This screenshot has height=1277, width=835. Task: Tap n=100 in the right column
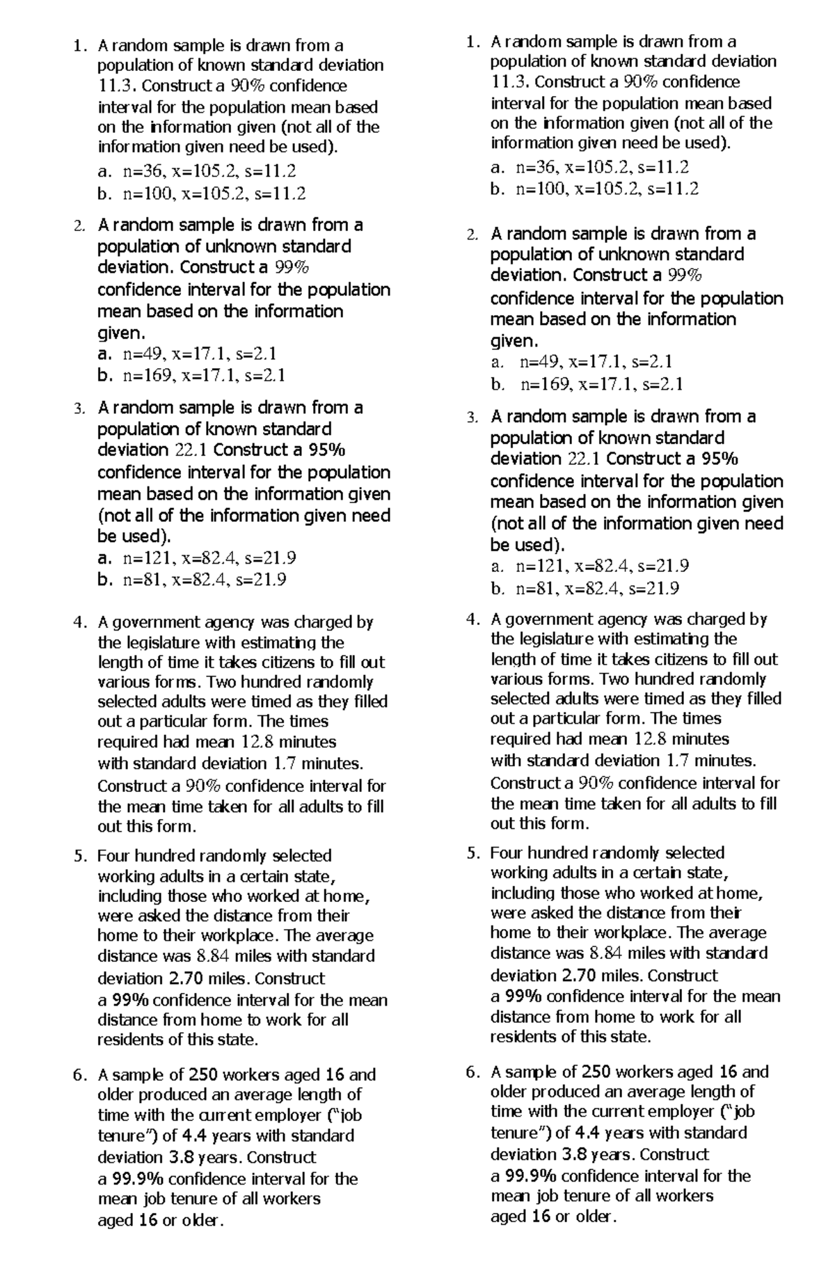coord(539,189)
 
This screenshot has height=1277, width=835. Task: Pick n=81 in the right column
coord(536,589)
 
